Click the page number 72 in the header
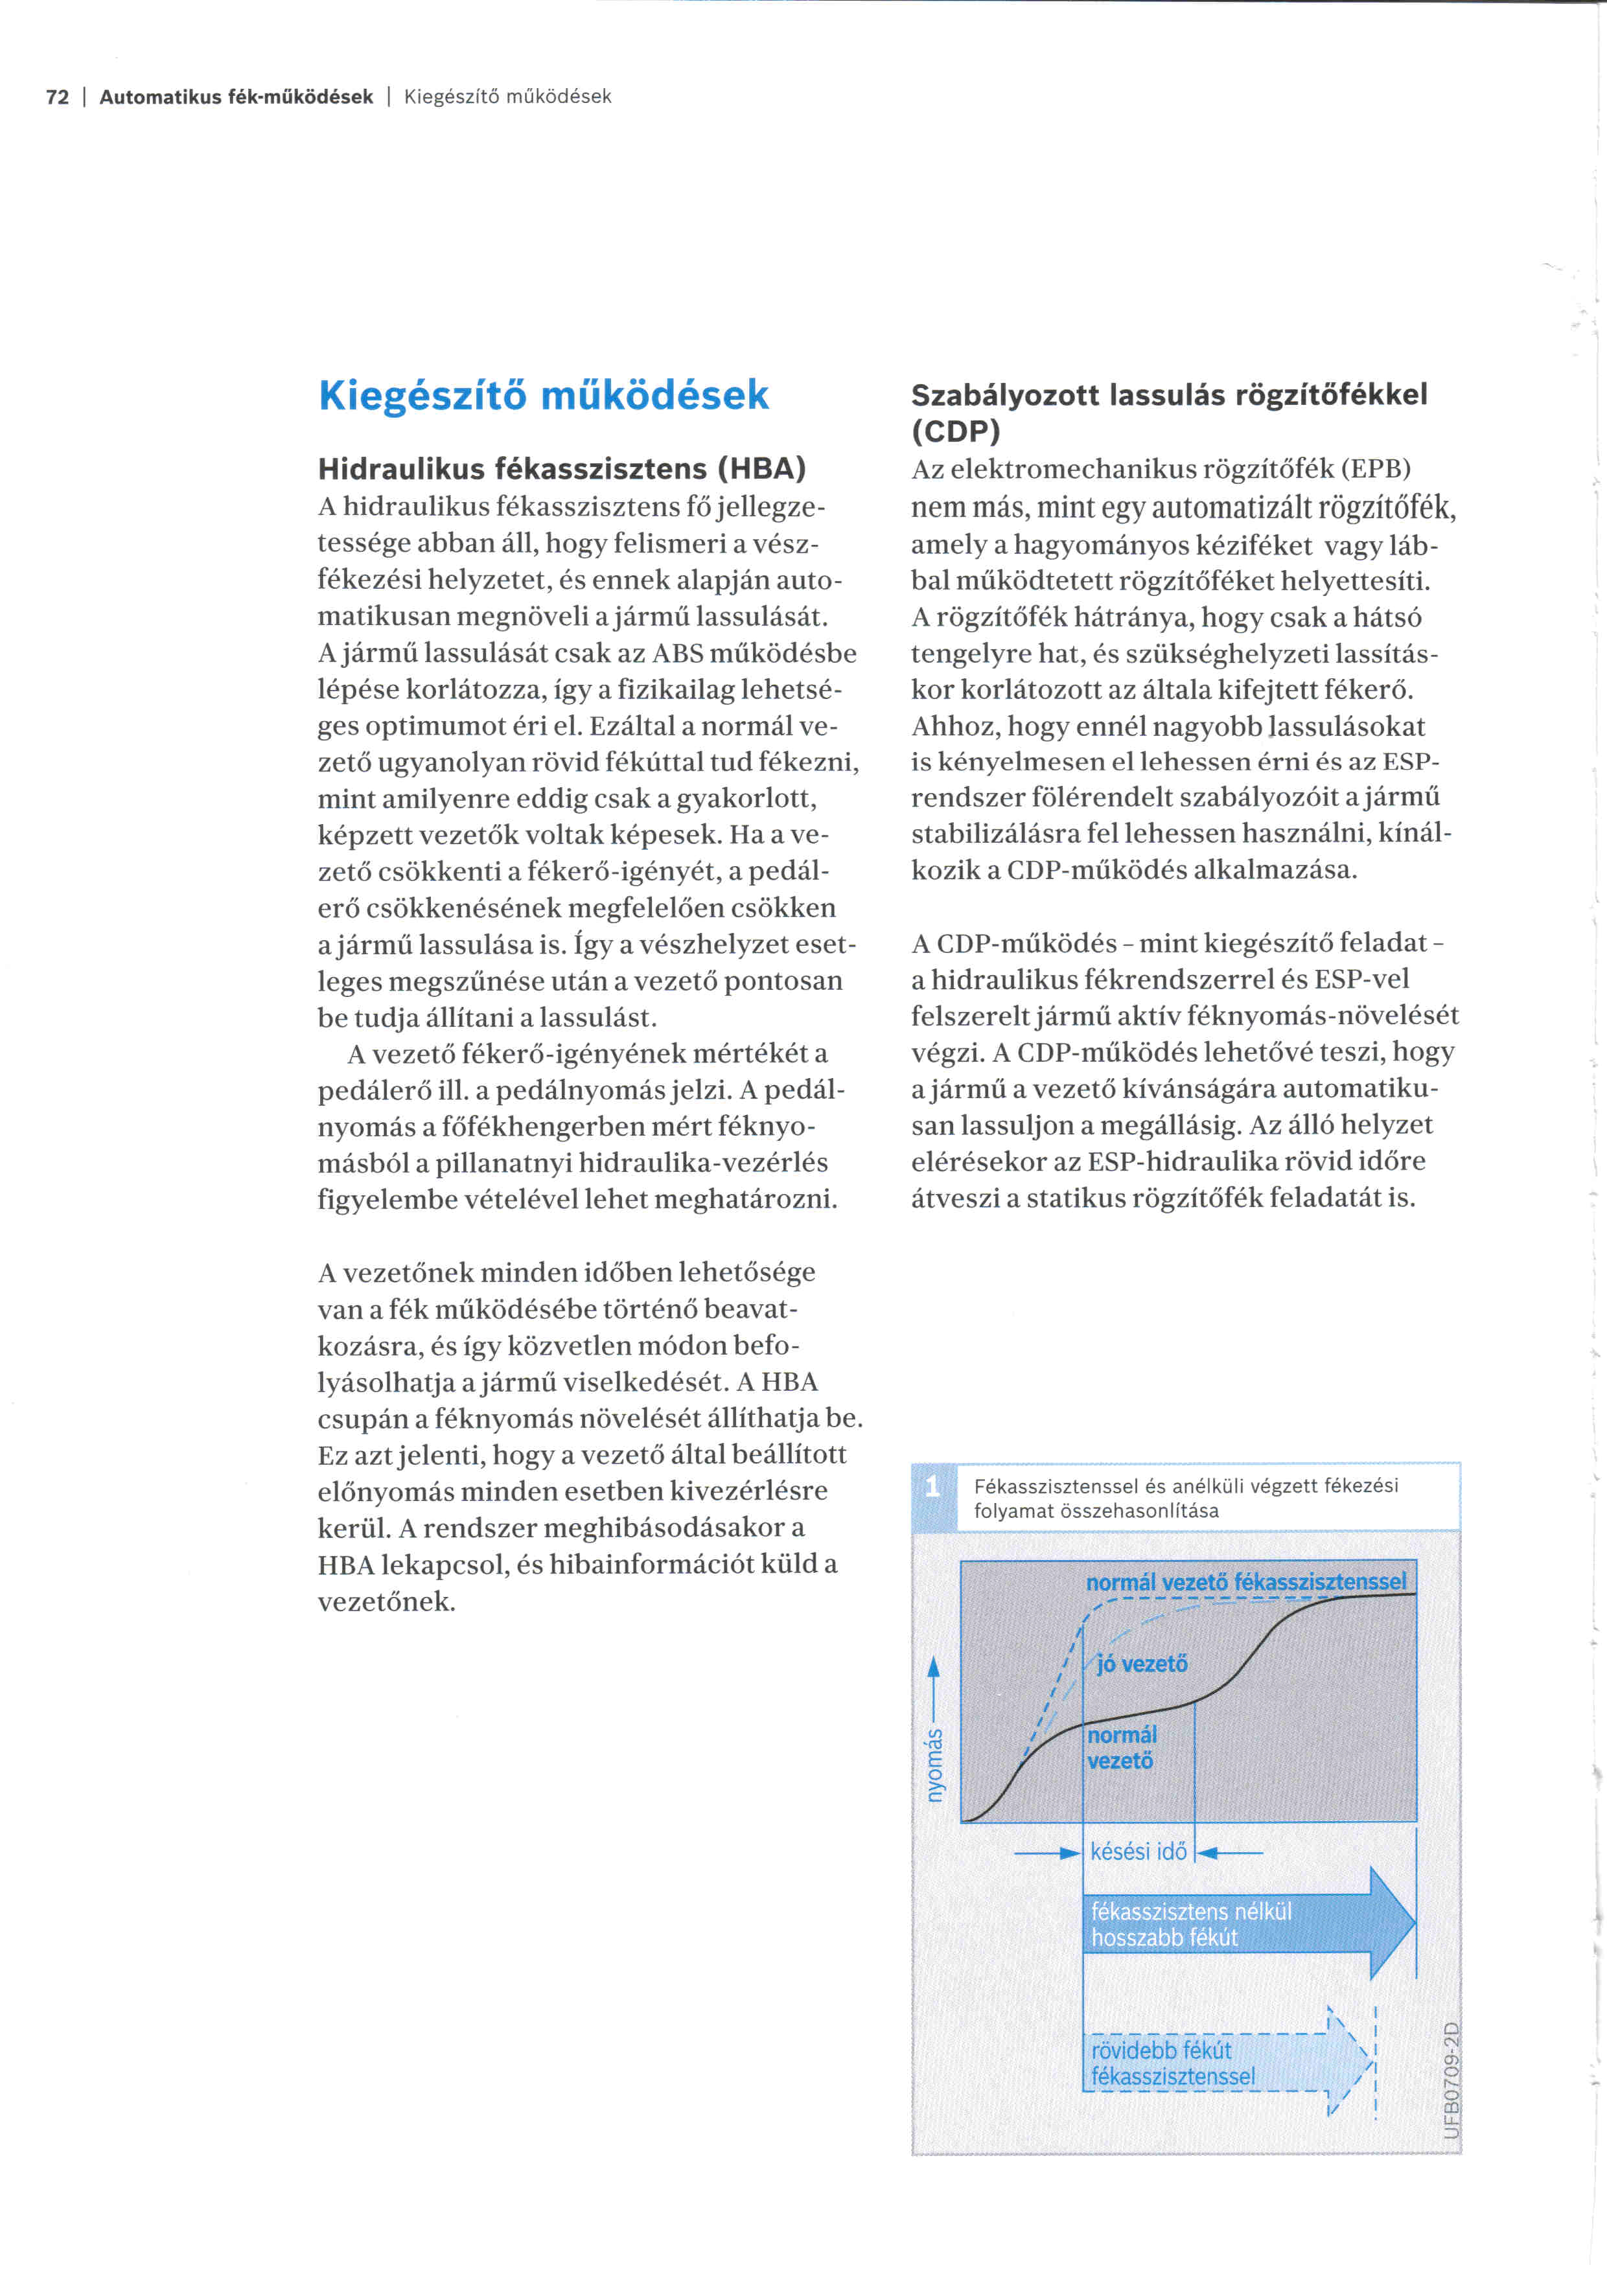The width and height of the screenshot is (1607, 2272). coord(58,97)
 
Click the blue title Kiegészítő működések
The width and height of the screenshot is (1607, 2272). coord(543,395)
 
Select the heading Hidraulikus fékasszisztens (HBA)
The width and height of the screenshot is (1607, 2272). coord(562,468)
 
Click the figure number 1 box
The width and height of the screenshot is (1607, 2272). coord(933,1486)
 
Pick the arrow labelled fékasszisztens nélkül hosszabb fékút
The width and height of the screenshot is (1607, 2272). coord(1247,1923)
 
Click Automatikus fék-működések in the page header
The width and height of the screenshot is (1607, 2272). coord(237,97)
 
